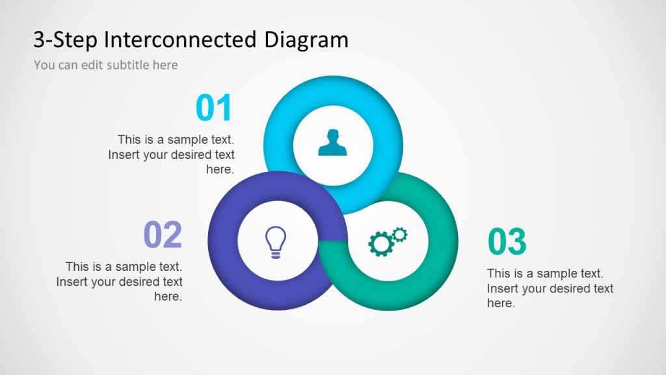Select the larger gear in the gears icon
pyautogui.click(x=380, y=244)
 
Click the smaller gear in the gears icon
pyautogui.click(x=399, y=234)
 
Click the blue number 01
pyautogui.click(x=214, y=109)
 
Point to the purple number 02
pyautogui.click(x=163, y=235)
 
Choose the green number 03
pyautogui.click(x=507, y=242)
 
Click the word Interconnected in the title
pyautogui.click(x=181, y=40)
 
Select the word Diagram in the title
pyautogui.click(x=306, y=40)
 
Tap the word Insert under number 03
pyautogui.click(x=503, y=288)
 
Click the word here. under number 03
pyautogui.click(x=501, y=303)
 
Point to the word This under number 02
pyautogui.click(x=77, y=267)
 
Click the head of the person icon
pyautogui.click(x=333, y=135)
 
